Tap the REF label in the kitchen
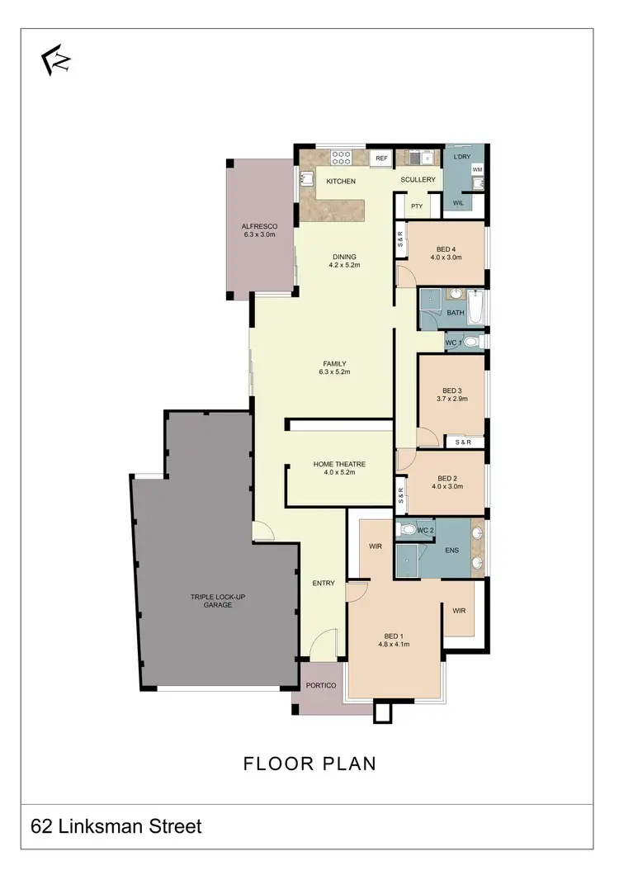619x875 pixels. pos(381,158)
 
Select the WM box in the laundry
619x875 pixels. pos(477,169)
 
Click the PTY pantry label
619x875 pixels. pos(417,206)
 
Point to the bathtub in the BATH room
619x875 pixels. pos(476,307)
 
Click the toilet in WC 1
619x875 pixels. pos(470,342)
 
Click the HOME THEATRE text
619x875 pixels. pos(339,464)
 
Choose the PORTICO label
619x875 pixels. pos(319,685)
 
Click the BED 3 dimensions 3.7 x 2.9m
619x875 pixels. pos(452,399)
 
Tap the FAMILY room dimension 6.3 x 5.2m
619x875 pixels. pos(334,372)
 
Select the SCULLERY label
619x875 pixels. pos(418,179)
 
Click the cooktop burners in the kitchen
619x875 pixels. pos(342,156)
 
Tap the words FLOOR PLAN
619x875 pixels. pos(309,764)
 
